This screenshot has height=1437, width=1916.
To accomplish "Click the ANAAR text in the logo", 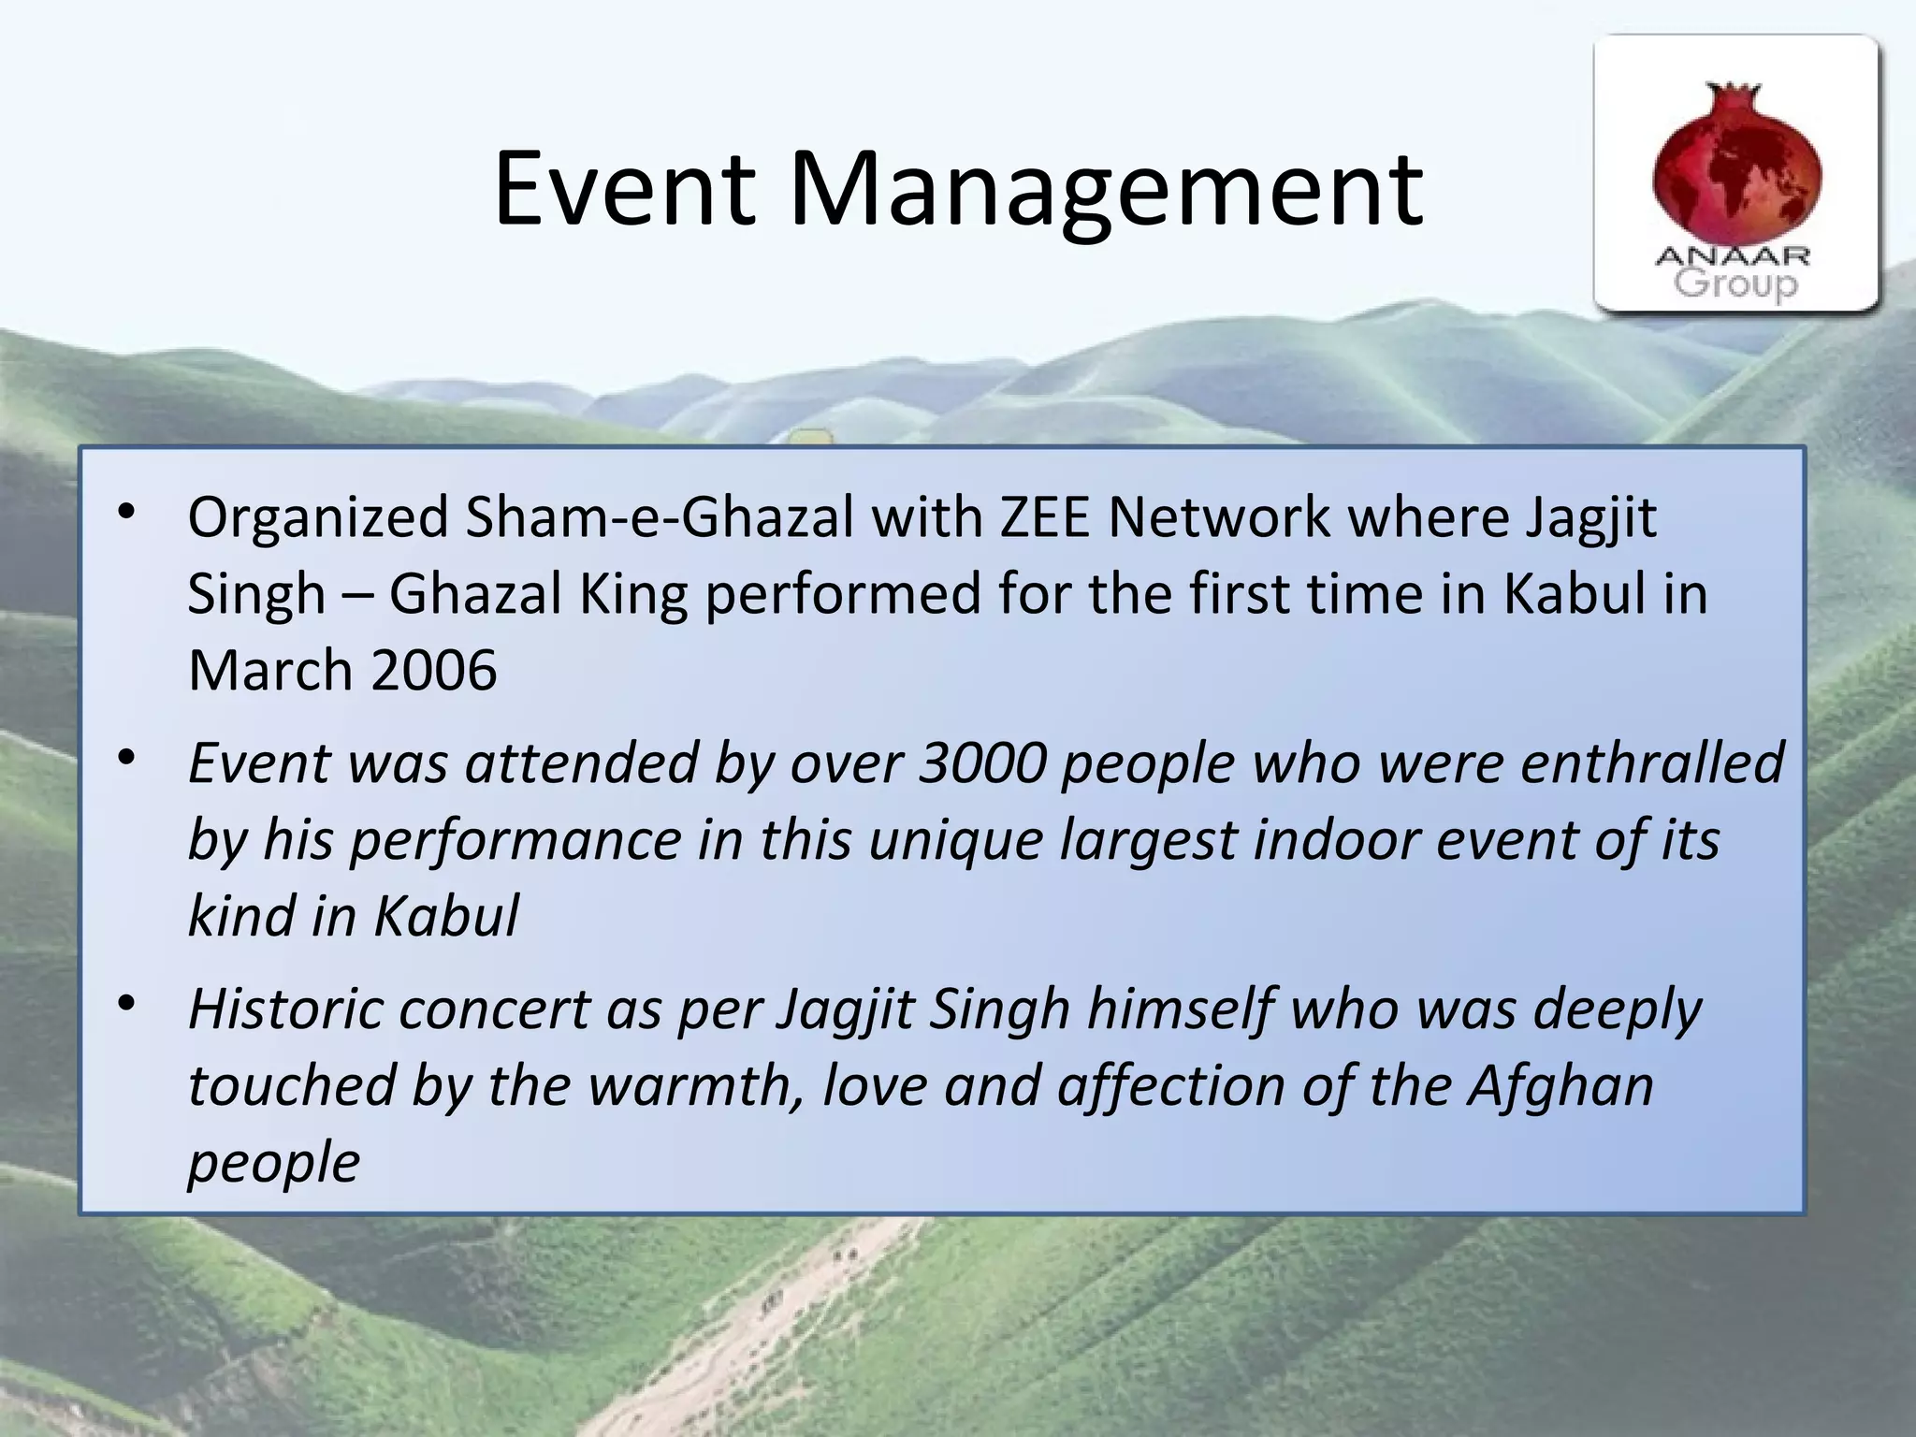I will pos(1733,255).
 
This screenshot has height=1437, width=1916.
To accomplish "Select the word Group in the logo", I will pos(1735,283).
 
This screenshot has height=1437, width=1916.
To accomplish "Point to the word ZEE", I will pos(1044,517).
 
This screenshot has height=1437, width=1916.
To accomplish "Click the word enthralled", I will pos(1652,762).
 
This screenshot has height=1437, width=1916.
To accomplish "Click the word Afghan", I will pos(1560,1085).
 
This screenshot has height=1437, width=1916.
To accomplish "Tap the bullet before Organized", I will pos(127,511).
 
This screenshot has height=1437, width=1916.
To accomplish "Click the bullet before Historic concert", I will pos(127,1004).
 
